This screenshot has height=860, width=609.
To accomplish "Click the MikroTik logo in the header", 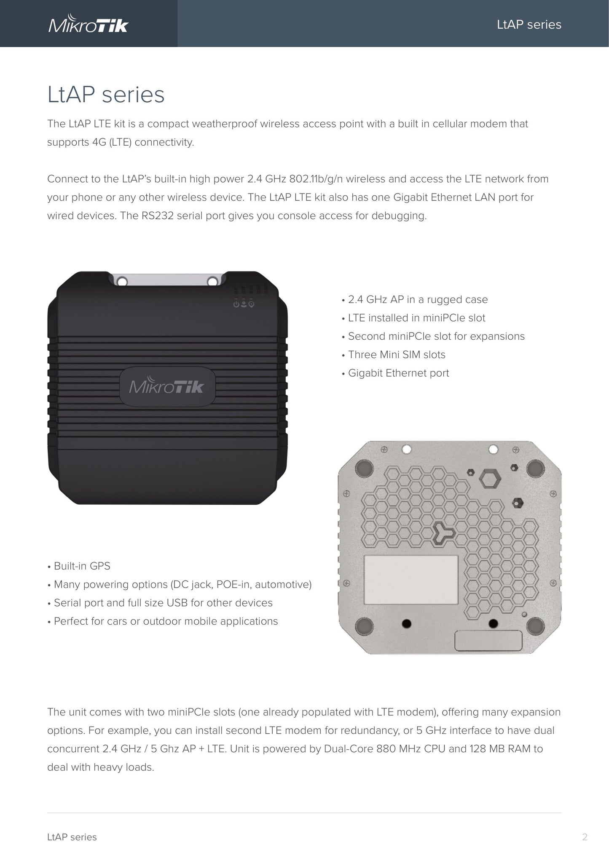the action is tap(88, 25).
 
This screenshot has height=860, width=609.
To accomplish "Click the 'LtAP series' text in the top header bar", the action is tap(529, 24).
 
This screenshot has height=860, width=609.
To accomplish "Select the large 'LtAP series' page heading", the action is tap(106, 94).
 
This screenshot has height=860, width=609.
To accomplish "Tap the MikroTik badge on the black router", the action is tap(167, 386).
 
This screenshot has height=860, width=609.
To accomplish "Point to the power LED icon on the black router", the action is tap(236, 304).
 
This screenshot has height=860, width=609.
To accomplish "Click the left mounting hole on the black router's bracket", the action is tap(122, 281).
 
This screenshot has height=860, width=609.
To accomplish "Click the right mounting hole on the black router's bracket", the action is tap(213, 281).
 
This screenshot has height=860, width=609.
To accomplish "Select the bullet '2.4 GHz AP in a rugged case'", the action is tap(415, 299).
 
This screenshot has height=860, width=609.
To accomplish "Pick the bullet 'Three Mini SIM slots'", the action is tap(393, 354).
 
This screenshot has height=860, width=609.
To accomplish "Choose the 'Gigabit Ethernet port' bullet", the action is tap(395, 373).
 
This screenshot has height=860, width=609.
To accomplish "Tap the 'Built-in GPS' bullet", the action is tap(79, 566).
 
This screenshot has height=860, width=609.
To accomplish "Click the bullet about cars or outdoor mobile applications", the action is tap(163, 621).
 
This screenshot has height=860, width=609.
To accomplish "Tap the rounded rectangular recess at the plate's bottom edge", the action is tap(488, 641).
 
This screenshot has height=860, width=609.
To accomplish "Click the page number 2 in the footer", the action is tap(585, 837).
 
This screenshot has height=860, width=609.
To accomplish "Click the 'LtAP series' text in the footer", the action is tap(72, 837).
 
